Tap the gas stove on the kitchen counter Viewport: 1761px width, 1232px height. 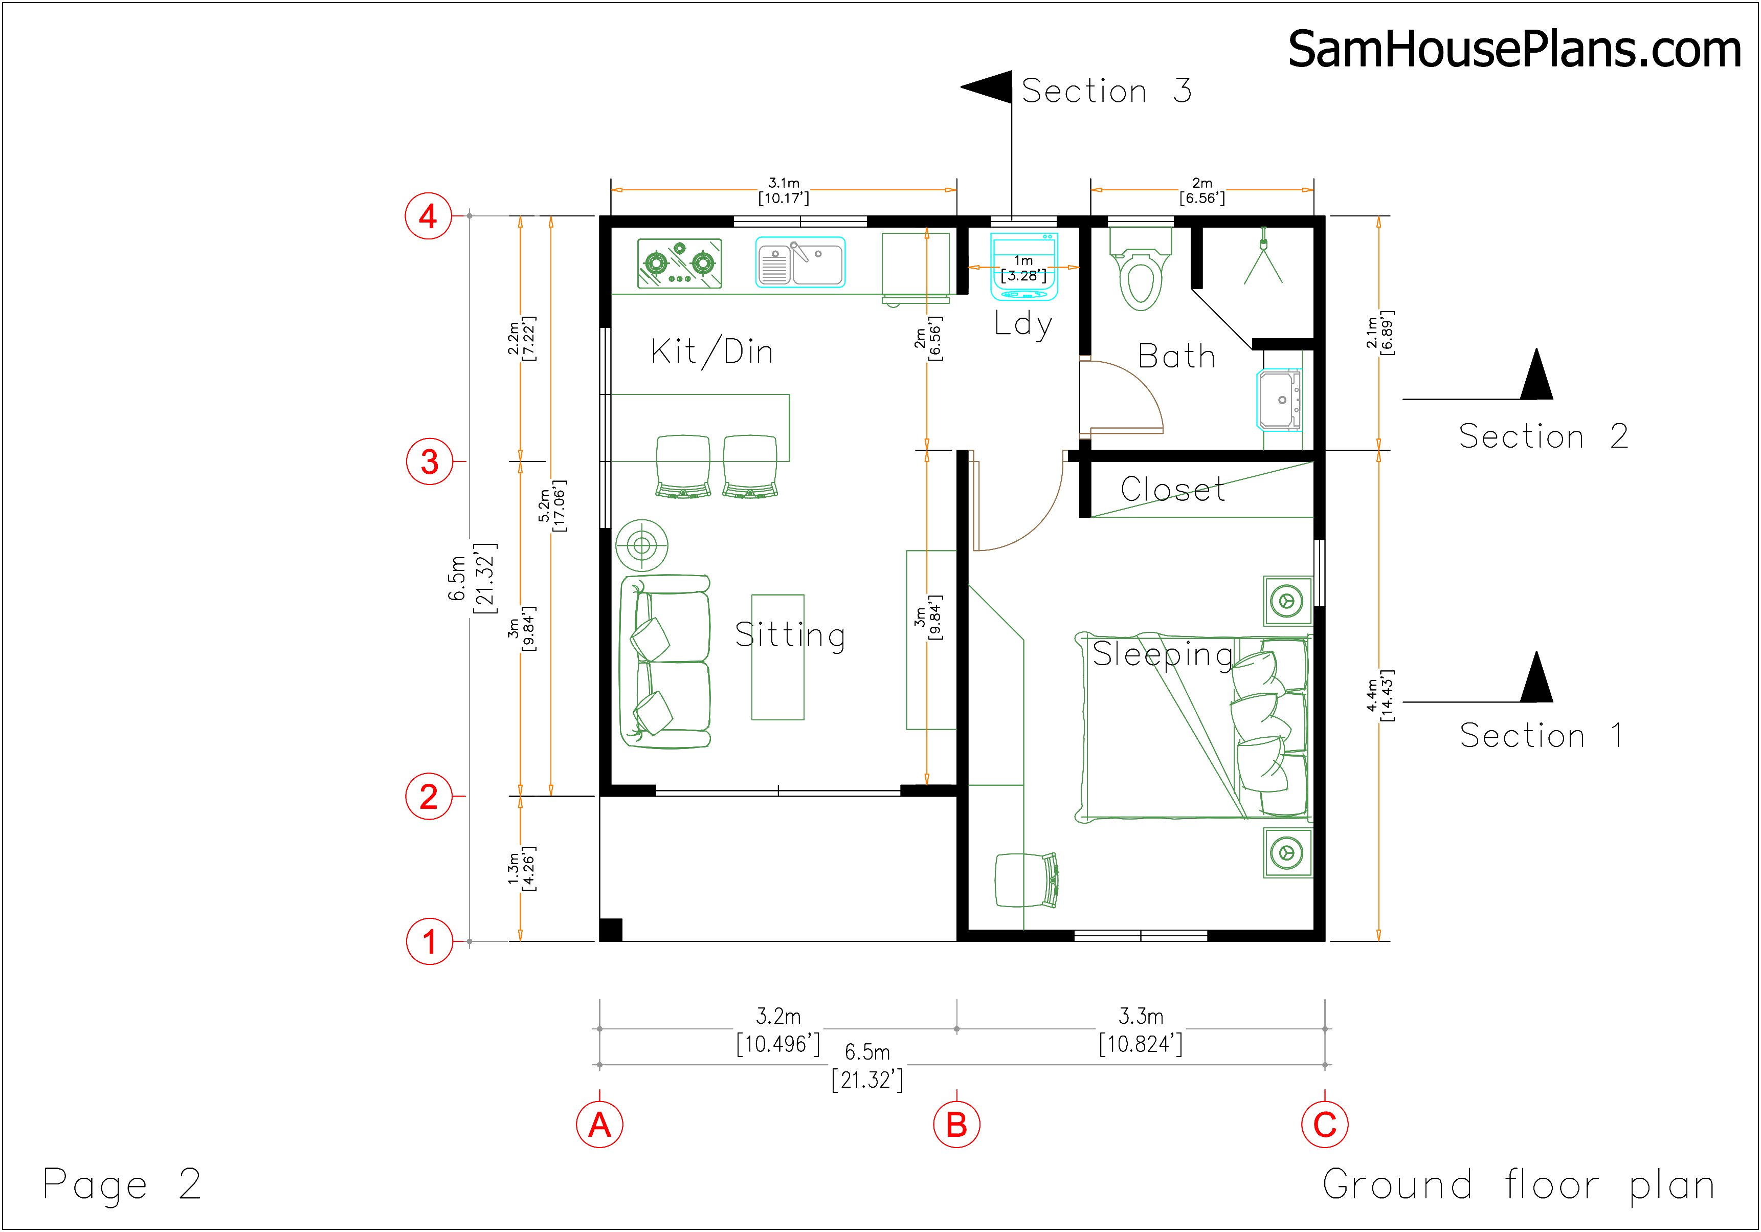pos(680,263)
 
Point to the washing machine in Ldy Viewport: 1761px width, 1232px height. pos(1024,266)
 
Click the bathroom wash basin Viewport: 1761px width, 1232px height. pos(1279,399)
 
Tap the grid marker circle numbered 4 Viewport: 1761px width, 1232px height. pos(429,216)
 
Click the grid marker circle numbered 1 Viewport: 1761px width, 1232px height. pos(429,941)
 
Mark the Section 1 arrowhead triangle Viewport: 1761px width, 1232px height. pos(1536,677)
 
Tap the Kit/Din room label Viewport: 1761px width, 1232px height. pos(712,352)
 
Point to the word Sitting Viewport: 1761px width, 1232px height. pos(790,635)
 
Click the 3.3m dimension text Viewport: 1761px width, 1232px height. pos(1141,1017)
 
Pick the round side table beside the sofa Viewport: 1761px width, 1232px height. pos(642,545)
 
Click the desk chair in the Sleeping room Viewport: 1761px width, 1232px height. pos(1026,881)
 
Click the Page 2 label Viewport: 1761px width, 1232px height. pos(122,1184)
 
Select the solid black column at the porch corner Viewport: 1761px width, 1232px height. pos(611,930)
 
